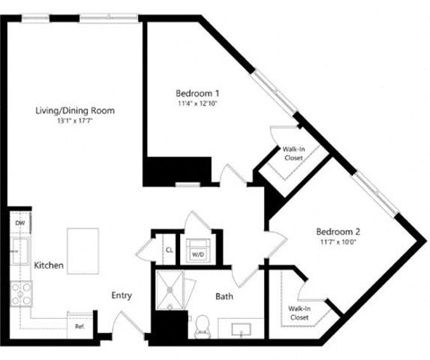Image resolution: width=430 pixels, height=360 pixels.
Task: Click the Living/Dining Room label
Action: click(74, 110)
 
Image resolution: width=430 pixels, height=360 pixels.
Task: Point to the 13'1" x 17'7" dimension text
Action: click(74, 122)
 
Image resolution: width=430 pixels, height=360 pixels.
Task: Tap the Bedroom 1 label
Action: click(197, 92)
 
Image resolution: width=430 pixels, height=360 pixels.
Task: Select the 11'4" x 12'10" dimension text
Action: click(197, 104)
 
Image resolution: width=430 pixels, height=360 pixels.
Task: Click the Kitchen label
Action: click(47, 266)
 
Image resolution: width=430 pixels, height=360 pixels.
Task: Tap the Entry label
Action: click(123, 296)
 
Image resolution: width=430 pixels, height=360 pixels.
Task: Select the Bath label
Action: click(224, 295)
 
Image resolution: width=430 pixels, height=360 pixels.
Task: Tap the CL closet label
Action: click(168, 250)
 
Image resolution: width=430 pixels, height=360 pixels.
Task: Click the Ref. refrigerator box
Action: click(80, 326)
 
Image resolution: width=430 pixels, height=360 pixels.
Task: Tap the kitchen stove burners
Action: click(20, 292)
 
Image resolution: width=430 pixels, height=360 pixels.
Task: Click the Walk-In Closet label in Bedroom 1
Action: click(293, 154)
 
